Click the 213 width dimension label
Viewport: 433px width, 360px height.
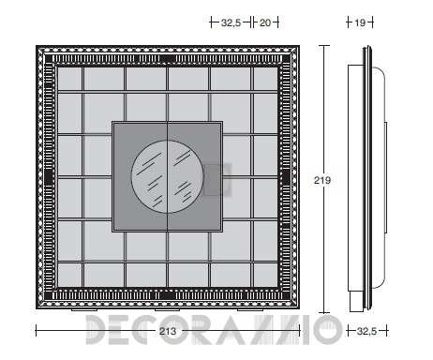[x=168, y=331]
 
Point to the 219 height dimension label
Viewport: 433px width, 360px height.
[x=322, y=180]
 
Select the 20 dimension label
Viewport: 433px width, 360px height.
[x=265, y=22]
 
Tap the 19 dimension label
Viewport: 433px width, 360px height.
[x=360, y=22]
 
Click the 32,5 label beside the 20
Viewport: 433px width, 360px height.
[x=231, y=22]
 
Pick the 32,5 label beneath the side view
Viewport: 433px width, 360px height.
[x=366, y=331]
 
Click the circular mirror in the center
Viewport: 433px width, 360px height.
[x=168, y=176]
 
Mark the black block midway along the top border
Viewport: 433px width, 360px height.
[x=168, y=58]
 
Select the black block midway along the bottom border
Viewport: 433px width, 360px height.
[x=168, y=295]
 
